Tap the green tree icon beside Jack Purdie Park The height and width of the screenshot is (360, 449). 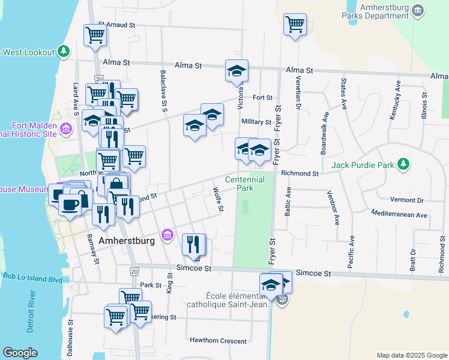405,164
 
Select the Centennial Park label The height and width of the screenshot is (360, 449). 245,184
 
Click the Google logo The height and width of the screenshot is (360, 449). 20,353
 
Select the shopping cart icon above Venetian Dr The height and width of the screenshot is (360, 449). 295,25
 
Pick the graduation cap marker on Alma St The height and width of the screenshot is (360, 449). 237,70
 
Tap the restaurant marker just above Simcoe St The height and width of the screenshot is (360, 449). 193,244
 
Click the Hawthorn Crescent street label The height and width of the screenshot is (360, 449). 218,341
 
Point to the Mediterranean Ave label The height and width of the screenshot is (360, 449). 399,214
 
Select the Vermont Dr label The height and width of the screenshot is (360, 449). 406,200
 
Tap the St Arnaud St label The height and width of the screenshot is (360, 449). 116,26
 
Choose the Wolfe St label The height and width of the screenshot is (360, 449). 218,199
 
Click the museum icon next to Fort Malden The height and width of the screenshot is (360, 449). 66,127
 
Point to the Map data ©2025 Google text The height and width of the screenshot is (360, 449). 411,355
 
